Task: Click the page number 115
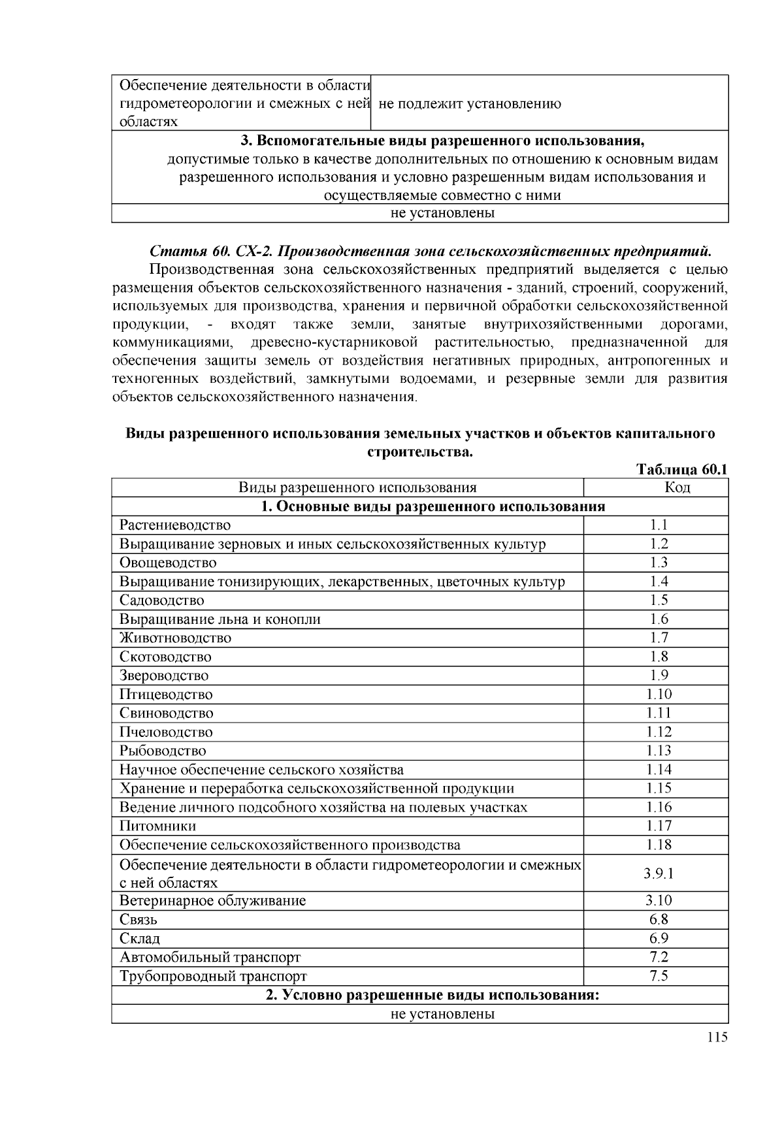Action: [x=717, y=1037]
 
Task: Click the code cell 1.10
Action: [x=659, y=694]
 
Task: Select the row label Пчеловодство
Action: [x=166, y=732]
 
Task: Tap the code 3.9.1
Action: [x=659, y=873]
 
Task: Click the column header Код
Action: [x=677, y=487]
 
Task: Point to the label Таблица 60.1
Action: [x=681, y=470]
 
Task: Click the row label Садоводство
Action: [x=161, y=600]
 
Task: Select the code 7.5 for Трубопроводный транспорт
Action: [x=659, y=976]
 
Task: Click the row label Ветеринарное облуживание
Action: [x=212, y=901]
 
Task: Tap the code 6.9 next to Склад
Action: [x=659, y=939]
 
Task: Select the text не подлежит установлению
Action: [x=469, y=104]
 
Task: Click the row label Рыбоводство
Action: [x=162, y=751]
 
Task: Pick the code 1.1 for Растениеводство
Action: [x=659, y=525]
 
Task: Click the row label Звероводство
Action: [x=164, y=676]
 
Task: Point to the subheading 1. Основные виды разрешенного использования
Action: [x=433, y=506]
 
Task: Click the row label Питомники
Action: [x=157, y=826]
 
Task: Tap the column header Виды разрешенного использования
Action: [x=357, y=487]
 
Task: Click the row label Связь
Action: [x=138, y=920]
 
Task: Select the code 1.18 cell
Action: [x=659, y=845]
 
